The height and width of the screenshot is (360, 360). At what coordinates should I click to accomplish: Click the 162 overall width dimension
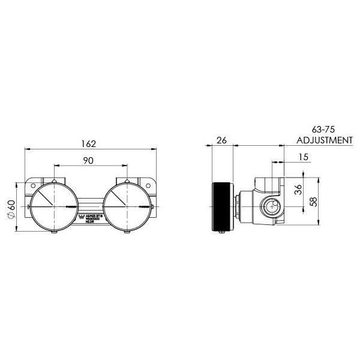point(88,143)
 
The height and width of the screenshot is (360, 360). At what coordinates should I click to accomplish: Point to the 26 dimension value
point(221,142)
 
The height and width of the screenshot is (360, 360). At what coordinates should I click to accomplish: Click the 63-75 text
point(325,129)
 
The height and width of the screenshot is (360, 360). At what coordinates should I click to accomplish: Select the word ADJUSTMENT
point(325,140)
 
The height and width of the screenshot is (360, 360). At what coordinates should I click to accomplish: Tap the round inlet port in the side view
point(270,208)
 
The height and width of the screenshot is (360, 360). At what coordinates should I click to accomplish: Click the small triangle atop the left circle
point(54,180)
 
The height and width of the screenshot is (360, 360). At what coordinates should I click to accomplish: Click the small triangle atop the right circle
point(127,180)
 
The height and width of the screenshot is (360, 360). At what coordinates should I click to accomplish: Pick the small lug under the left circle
point(54,232)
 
